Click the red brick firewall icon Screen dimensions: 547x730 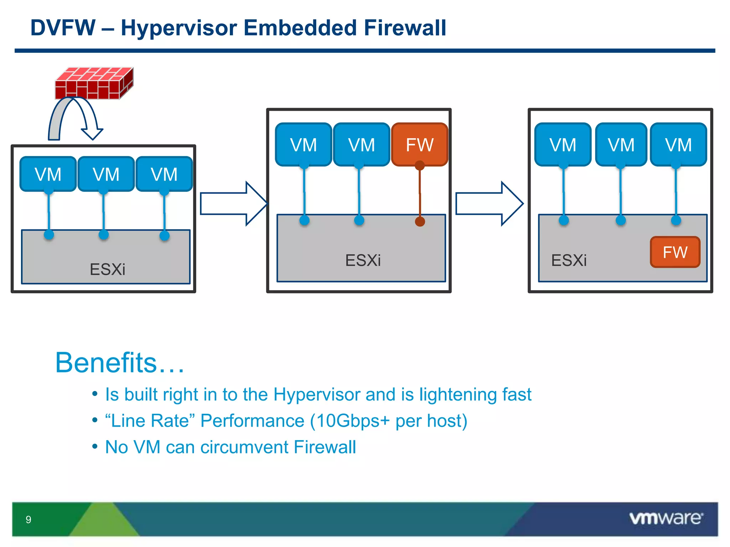[94, 83]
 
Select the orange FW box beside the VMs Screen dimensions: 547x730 [420, 145]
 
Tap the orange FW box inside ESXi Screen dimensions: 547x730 [675, 252]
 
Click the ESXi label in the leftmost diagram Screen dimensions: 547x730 [107, 269]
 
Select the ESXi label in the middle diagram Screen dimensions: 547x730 [363, 260]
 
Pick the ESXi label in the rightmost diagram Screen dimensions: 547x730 [569, 260]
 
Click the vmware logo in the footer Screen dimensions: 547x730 [666, 518]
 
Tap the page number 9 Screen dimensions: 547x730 [29, 520]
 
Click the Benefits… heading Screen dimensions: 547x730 [120, 363]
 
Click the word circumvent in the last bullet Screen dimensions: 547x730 [245, 447]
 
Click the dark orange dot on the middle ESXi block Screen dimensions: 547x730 [420, 222]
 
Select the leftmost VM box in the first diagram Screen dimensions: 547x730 [48, 174]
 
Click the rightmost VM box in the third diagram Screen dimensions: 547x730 [678, 145]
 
